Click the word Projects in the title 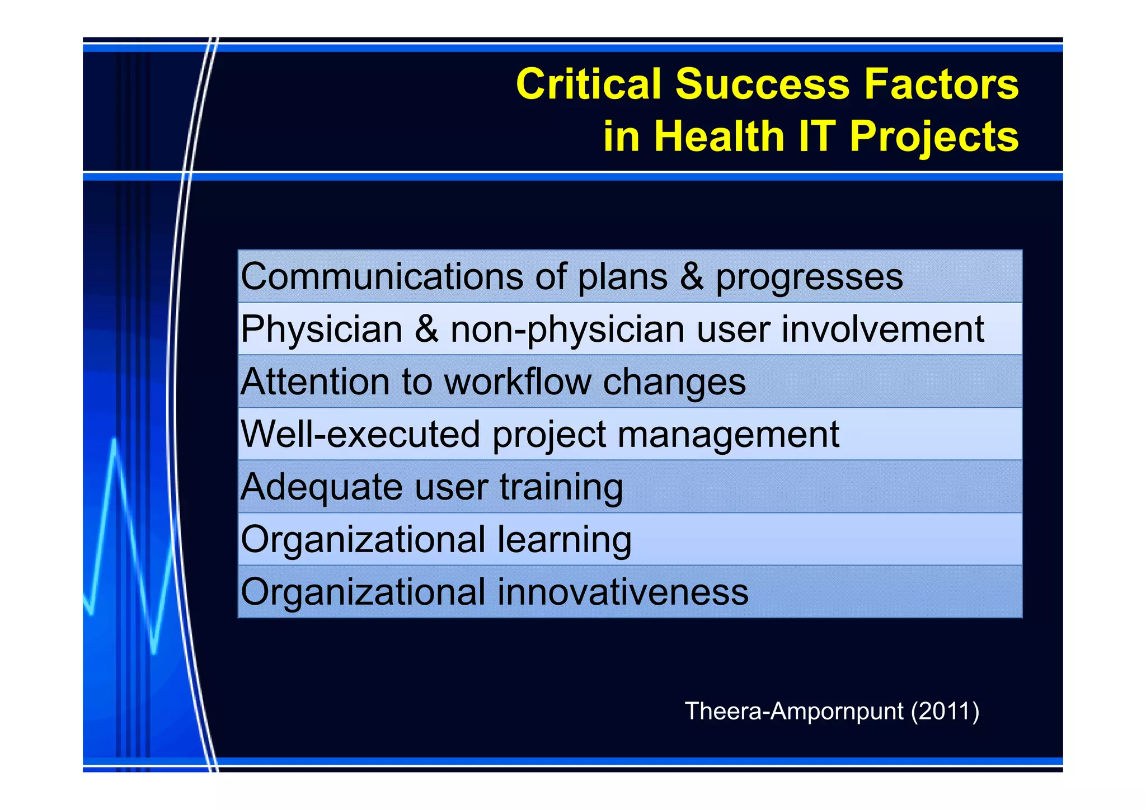point(934,137)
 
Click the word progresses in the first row point(809,277)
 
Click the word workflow point(518,382)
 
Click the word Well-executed point(360,434)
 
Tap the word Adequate point(321,487)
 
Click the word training point(561,487)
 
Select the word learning point(564,540)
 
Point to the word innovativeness point(622,592)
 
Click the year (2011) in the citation point(945,712)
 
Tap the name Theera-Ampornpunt point(794,712)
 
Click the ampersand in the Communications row point(692,276)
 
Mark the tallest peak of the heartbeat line point(114,441)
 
